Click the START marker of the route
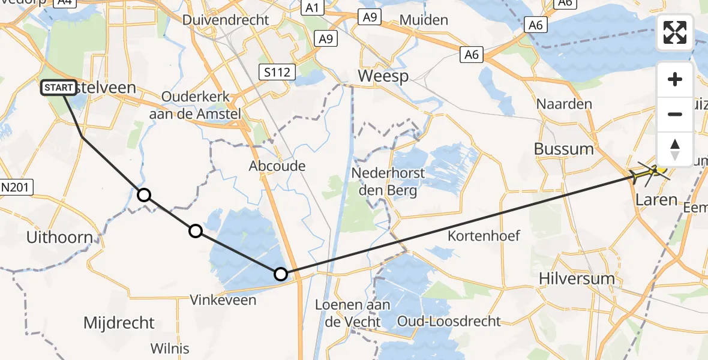click(x=59, y=88)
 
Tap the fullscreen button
click(x=675, y=32)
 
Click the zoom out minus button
click(x=675, y=114)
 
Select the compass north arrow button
click(x=675, y=149)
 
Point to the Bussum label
click(x=563, y=149)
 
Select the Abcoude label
click(x=277, y=166)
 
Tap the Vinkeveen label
click(x=223, y=300)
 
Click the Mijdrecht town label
click(x=119, y=323)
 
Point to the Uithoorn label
click(x=59, y=237)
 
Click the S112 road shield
click(x=277, y=73)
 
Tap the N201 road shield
click(x=16, y=188)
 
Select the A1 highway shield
click(x=311, y=8)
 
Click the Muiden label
click(x=424, y=20)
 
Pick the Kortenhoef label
click(x=484, y=236)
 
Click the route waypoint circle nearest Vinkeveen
click(x=280, y=274)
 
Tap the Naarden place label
click(x=564, y=104)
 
